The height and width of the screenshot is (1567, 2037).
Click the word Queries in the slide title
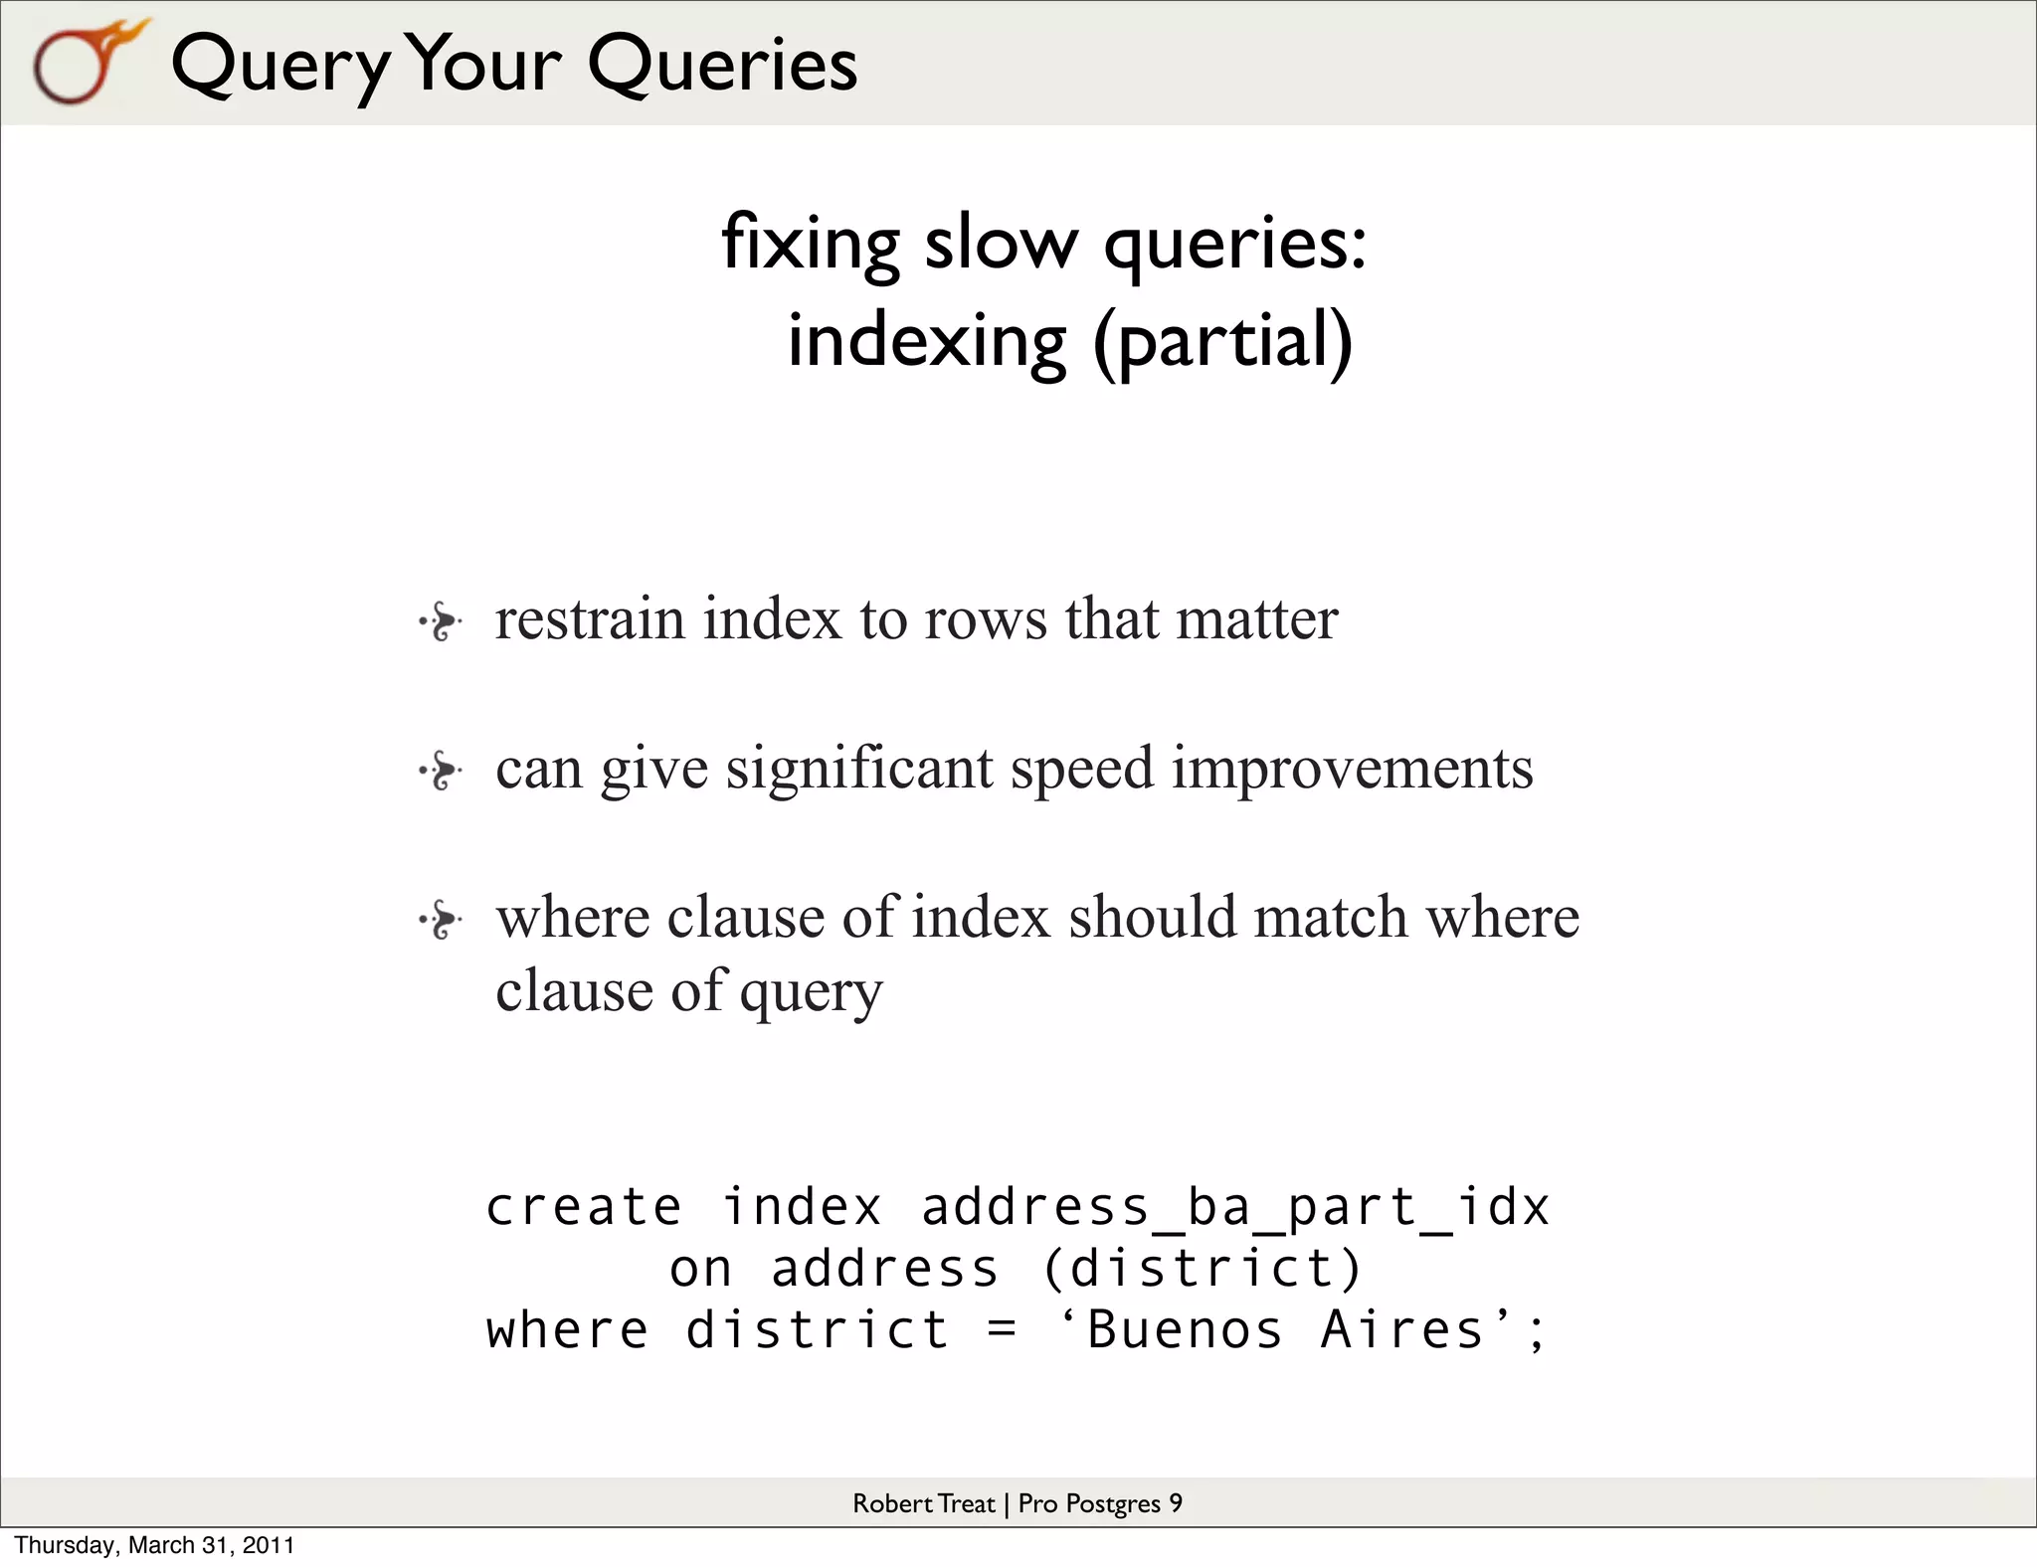pos(721,65)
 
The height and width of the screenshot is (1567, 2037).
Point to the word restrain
pos(590,619)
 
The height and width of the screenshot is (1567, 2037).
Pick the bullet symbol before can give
pos(440,772)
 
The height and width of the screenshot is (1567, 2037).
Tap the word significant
pos(859,770)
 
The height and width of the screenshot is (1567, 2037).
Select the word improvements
pos(1352,770)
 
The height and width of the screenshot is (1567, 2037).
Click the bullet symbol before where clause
pos(440,920)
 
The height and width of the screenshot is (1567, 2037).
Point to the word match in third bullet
pos(1330,917)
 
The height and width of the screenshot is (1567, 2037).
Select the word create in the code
pos(584,1208)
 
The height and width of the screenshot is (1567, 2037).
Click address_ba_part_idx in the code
pos(1234,1208)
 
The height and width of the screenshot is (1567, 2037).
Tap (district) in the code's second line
pos(1202,1270)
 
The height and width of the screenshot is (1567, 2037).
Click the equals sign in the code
pos(1003,1331)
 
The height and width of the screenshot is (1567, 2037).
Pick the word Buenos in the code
pos(1185,1330)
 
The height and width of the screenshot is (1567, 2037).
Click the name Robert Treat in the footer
pos(923,1503)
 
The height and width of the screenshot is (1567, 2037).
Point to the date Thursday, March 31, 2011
pos(154,1545)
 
